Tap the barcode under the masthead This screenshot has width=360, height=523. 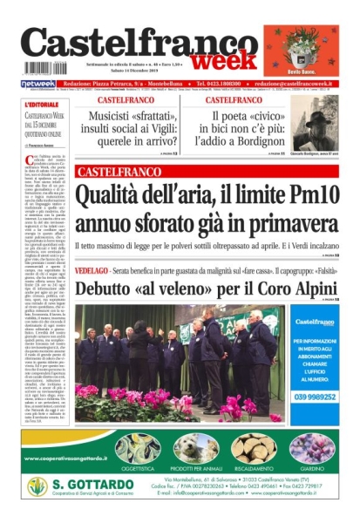pos(44,68)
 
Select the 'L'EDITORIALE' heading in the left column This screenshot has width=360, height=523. pos(42,105)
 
